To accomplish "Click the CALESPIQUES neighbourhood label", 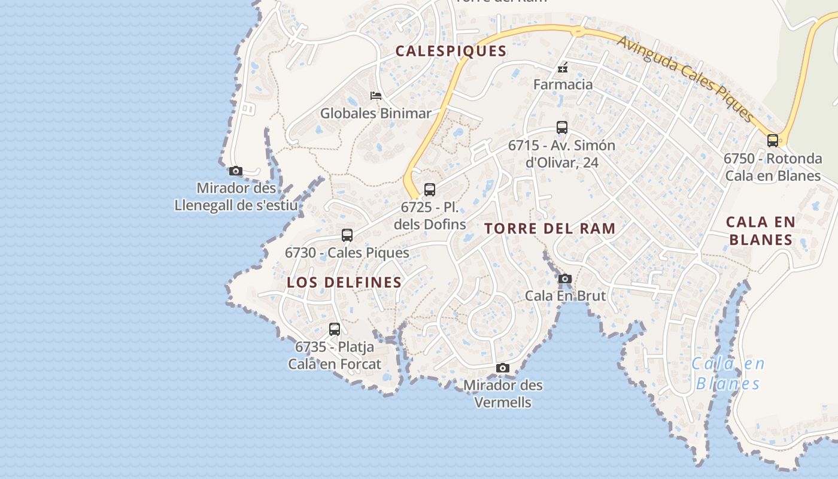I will coord(451,51).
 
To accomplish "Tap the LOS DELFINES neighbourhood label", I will coord(344,283).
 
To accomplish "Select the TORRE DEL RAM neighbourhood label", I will coord(549,229).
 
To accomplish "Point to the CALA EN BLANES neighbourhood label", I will coord(760,231).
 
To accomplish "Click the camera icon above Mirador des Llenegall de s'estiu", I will coord(236,171).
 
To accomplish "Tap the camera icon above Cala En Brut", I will coord(564,278).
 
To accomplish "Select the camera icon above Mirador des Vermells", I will coord(503,368).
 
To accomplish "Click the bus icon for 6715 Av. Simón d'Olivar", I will coord(561,128).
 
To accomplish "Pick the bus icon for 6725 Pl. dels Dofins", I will coord(430,190).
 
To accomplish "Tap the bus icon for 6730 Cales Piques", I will coord(347,235).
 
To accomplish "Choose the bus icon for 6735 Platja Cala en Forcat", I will coord(335,329).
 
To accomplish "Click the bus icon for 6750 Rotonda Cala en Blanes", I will coord(773,141).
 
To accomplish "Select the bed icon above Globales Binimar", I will coord(376,96).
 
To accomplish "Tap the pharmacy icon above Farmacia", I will coord(563,68).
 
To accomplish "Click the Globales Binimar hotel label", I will coord(376,113).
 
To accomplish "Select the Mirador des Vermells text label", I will coord(503,393).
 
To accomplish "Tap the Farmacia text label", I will coord(563,84).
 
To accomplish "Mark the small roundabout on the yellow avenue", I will coord(578,31).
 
